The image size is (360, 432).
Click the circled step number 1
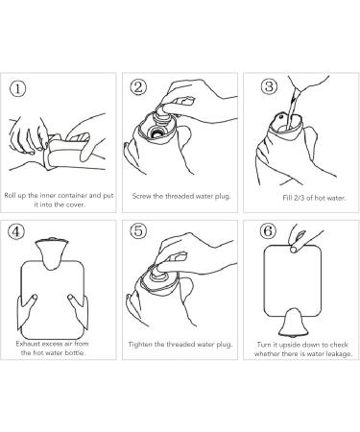(x=17, y=88)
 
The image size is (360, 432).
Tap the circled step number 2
(x=138, y=87)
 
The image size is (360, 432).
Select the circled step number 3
(x=269, y=86)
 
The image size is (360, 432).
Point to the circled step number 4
(x=15, y=231)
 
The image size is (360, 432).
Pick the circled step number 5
(x=138, y=230)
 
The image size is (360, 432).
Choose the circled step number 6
(x=268, y=230)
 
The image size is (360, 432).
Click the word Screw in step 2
(x=141, y=196)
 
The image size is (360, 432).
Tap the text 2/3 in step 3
(x=299, y=198)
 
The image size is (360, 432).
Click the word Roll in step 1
(x=10, y=195)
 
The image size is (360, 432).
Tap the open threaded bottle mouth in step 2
(x=156, y=132)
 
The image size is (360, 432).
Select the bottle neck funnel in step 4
(x=52, y=252)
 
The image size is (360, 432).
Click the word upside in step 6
(x=290, y=346)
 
